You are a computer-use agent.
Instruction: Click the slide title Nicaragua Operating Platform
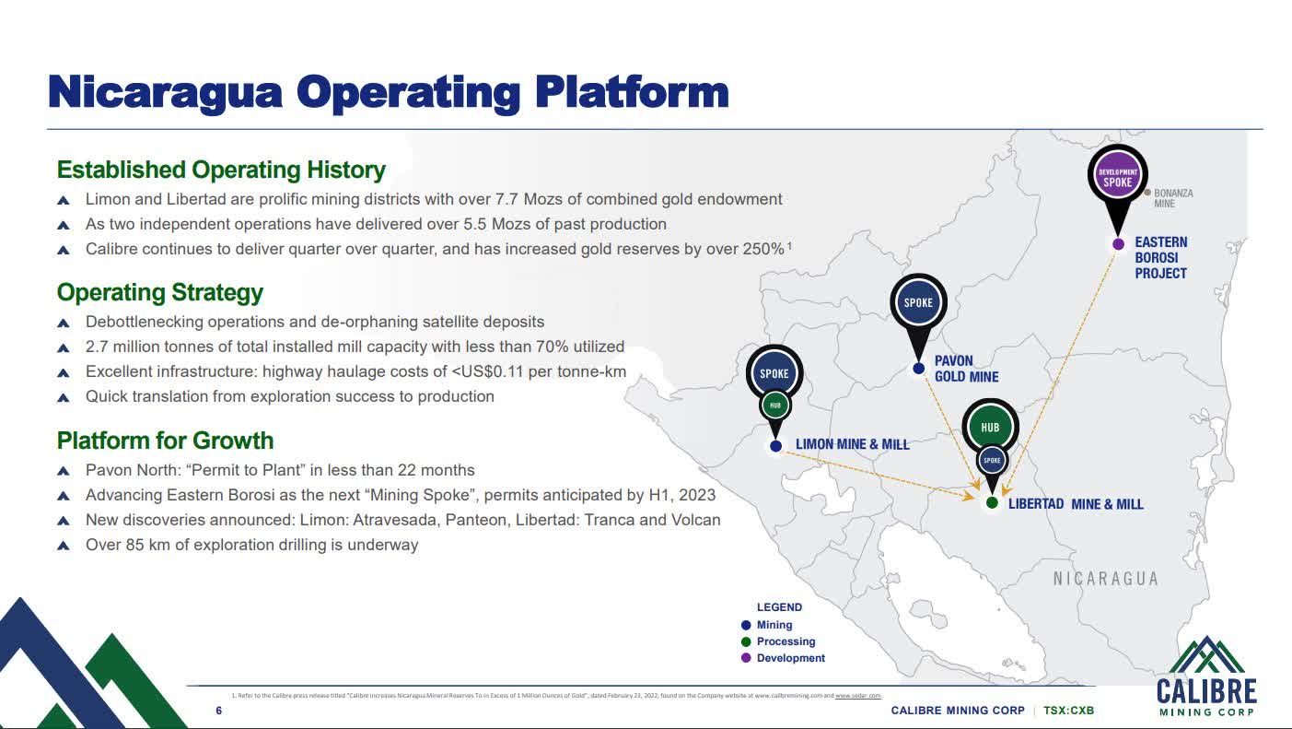pos(388,93)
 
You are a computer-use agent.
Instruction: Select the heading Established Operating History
pos(221,170)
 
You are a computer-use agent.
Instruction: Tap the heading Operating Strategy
pos(160,292)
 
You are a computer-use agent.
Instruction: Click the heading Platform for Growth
pos(166,440)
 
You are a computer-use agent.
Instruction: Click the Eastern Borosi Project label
pos(1160,257)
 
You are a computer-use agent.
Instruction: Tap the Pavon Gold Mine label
pos(966,369)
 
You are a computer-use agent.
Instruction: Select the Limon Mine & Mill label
pos(852,444)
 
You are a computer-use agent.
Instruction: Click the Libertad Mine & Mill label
pos(1076,504)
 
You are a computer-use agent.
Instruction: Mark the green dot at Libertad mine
pos(992,503)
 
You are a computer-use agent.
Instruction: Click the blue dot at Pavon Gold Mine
pos(918,369)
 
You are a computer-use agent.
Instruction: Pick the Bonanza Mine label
pos(1172,198)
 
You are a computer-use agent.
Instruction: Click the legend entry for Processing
pos(786,641)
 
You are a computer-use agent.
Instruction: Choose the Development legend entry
pos(790,658)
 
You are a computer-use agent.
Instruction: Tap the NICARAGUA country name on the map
pos(1105,579)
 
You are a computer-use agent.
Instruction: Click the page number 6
pos(218,711)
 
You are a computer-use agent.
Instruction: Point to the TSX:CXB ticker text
pos(1068,711)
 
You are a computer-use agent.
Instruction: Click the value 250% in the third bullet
pos(763,249)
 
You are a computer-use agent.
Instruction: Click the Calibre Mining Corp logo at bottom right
pos(1205,677)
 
